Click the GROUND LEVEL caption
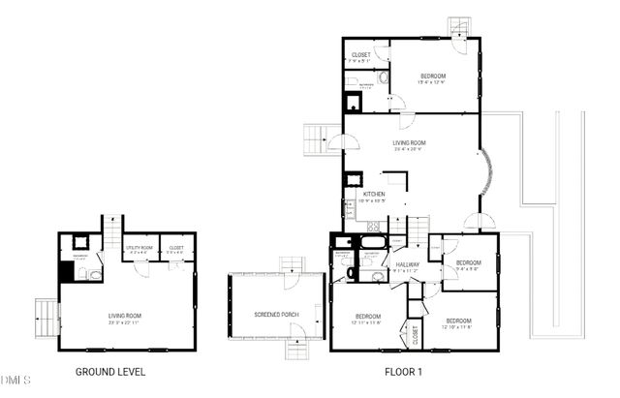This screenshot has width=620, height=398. [x=110, y=371]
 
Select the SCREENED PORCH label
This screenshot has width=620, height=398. [x=276, y=316]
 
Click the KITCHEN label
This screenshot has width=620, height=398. [x=374, y=195]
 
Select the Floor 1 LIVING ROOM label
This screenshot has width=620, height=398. [x=410, y=143]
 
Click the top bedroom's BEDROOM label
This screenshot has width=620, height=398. [x=432, y=76]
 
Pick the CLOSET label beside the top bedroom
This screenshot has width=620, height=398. [x=360, y=54]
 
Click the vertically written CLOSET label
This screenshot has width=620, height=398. [x=415, y=337]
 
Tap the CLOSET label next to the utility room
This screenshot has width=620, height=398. [x=175, y=248]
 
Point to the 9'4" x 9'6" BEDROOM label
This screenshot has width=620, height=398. [x=469, y=262]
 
